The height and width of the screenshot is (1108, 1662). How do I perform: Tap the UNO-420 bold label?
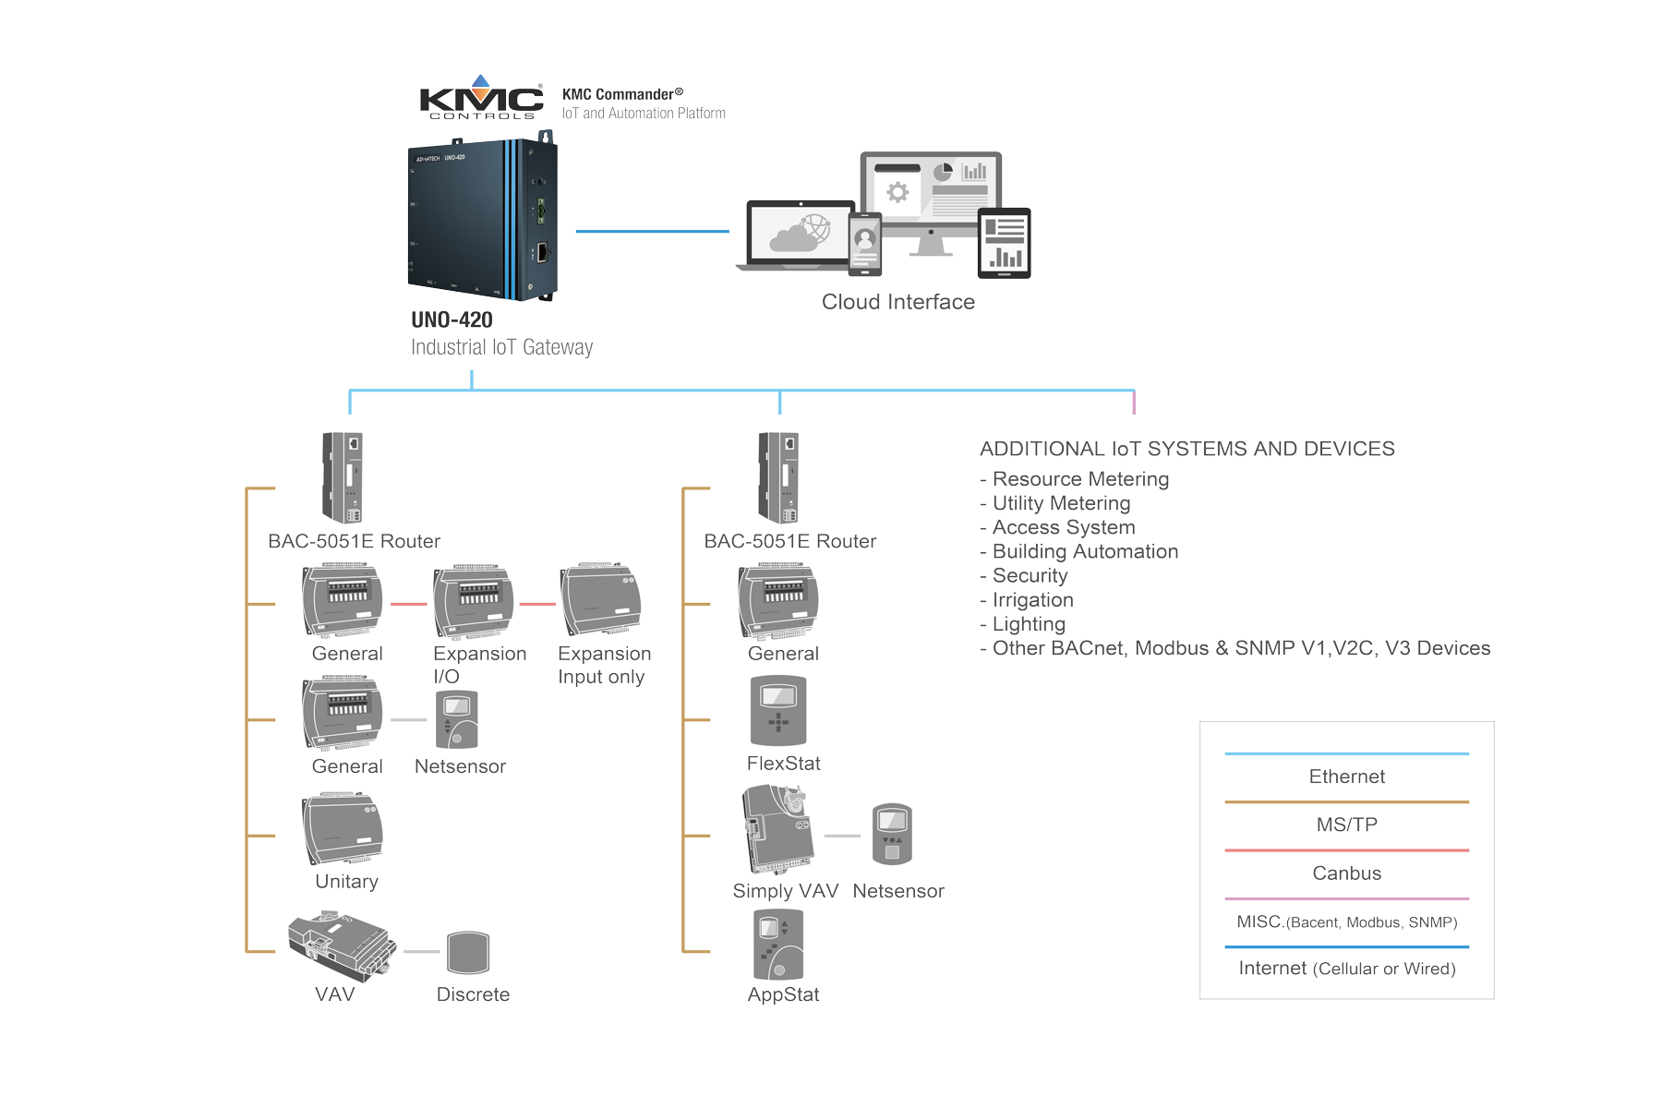point(452,319)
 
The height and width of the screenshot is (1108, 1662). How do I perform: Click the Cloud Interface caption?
point(897,302)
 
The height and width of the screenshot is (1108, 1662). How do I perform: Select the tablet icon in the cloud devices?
point(1004,243)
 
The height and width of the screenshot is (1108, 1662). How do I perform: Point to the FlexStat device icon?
point(778,711)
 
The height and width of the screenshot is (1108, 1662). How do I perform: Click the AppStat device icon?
point(778,945)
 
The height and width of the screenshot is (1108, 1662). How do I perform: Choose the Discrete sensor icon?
point(468,952)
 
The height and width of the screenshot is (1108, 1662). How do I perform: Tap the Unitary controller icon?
point(343,828)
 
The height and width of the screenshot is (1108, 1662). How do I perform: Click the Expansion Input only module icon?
point(600,600)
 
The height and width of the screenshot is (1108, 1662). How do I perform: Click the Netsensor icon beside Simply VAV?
point(892,834)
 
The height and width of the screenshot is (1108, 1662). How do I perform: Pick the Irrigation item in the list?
point(1032,600)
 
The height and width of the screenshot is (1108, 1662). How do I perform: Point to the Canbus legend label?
point(1346,873)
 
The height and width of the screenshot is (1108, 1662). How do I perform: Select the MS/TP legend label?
point(1346,825)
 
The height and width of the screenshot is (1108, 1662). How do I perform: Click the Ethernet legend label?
point(1346,777)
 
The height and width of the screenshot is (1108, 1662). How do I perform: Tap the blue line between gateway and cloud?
point(652,231)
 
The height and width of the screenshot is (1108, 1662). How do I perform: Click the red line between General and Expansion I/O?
point(409,604)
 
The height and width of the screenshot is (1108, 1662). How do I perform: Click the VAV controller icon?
point(341,946)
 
